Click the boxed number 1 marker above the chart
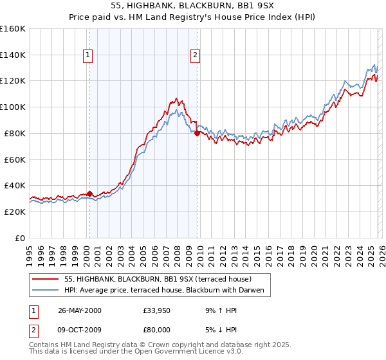tap(87, 56)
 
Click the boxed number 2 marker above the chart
tap(194, 56)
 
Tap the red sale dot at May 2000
tap(89, 193)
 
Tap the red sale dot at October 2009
tap(197, 133)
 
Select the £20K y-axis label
tap(15, 212)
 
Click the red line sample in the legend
tap(46, 279)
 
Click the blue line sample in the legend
tap(46, 290)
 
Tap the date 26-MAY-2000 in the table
tap(79, 310)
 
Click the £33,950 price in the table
tap(158, 310)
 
